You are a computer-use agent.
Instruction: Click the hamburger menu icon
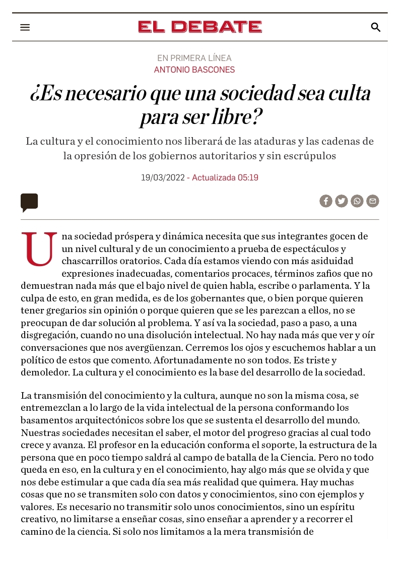coord(25,27)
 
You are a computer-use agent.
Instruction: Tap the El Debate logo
coord(200,27)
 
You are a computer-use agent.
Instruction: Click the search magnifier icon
coord(375,27)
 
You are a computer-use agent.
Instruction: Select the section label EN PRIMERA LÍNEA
coord(194,58)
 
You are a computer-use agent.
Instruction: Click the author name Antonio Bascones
coord(194,70)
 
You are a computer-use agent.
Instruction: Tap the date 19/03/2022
coord(163,177)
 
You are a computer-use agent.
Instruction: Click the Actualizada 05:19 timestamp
coord(225,177)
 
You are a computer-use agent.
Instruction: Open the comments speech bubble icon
coord(29,202)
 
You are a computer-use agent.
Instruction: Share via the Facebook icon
coord(326,201)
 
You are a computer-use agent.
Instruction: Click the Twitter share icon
coord(342,201)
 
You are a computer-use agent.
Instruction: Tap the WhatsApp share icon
coord(357,201)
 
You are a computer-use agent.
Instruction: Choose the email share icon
coord(373,201)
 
